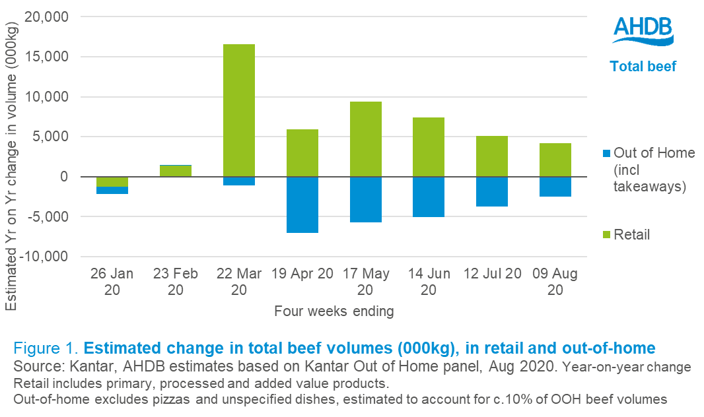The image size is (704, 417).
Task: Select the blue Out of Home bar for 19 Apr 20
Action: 302,205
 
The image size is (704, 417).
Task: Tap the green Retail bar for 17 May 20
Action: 365,139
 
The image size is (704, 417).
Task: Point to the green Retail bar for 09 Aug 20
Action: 555,160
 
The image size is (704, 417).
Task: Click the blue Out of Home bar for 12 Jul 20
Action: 492,191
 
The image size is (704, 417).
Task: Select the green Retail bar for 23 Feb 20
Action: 176,171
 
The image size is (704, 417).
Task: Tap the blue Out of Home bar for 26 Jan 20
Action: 112,190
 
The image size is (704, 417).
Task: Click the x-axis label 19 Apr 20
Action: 302,274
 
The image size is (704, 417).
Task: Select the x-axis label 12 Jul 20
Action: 492,274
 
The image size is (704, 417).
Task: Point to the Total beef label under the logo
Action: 643,67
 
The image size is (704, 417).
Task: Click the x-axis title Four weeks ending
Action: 334,311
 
